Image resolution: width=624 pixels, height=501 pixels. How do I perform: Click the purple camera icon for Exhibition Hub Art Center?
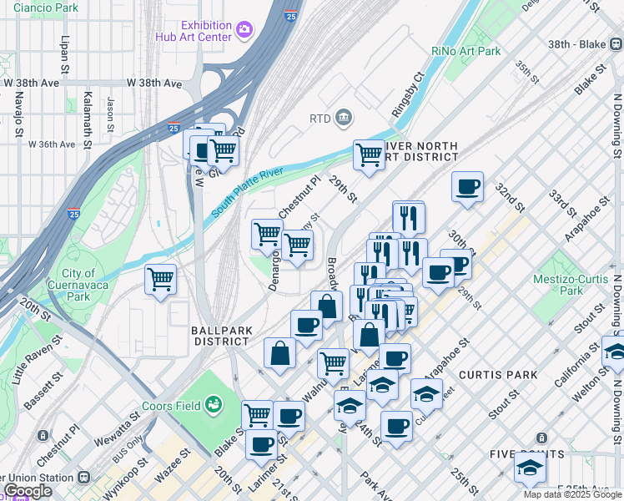pyautogui.click(x=244, y=30)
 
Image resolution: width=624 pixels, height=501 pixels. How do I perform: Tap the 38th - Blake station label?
pyautogui.click(x=586, y=46)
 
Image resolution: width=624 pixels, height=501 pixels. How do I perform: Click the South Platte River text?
pyautogui.click(x=248, y=192)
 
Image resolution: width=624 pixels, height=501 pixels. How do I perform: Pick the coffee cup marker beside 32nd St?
pyautogui.click(x=468, y=186)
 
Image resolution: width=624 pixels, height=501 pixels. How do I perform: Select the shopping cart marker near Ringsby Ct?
pyautogui.click(x=369, y=154)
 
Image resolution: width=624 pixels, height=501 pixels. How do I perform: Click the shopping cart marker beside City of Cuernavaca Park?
pyautogui.click(x=160, y=279)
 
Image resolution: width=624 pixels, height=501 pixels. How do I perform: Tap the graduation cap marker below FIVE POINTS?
pyautogui.click(x=530, y=469)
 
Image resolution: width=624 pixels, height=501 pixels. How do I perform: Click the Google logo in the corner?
pyautogui.click(x=28, y=491)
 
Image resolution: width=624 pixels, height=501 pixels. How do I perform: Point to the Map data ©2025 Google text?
pyautogui.click(x=572, y=494)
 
